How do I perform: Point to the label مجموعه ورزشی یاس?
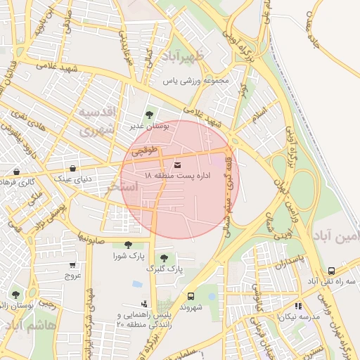click(x=196, y=82)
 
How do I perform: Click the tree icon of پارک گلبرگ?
click(x=165, y=258)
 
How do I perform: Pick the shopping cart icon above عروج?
click(x=72, y=265)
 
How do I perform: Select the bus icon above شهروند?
click(x=191, y=296)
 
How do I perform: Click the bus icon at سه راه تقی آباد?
click(x=331, y=271)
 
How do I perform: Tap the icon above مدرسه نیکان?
click(x=299, y=306)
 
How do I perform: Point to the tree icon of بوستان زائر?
click(x=15, y=294)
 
